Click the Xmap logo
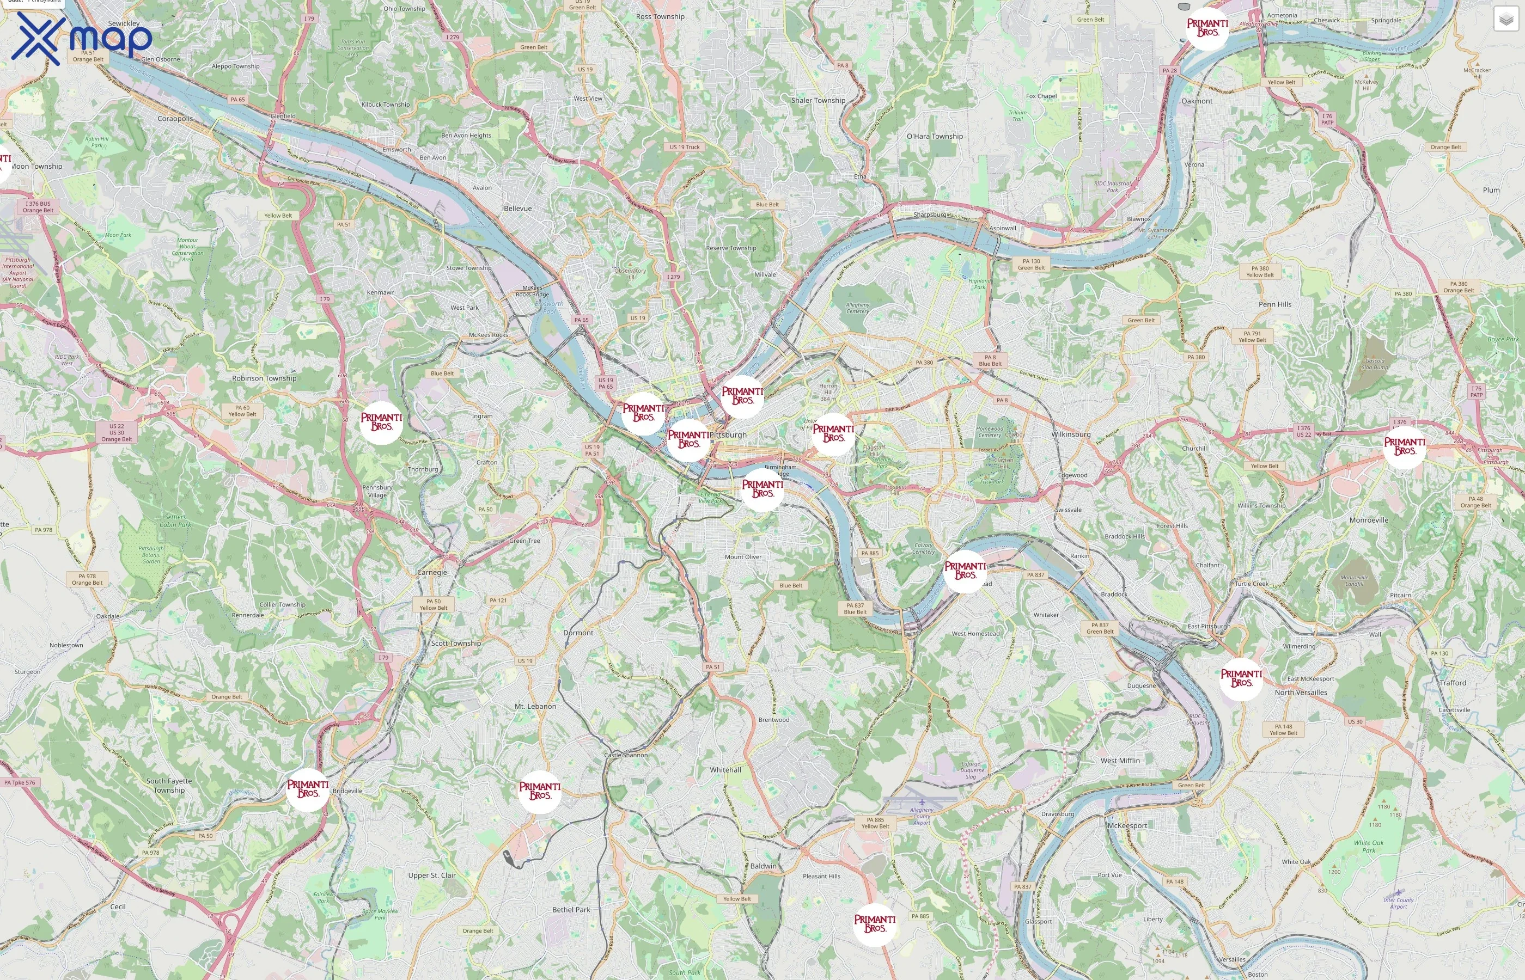click(82, 38)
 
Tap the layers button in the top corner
click(1505, 19)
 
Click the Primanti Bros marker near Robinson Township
click(381, 422)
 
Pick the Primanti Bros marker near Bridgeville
click(307, 789)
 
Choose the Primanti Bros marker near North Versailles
click(1241, 678)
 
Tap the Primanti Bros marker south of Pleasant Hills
click(875, 924)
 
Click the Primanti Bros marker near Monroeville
click(1404, 447)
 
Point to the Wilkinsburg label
click(1071, 434)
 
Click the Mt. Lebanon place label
click(535, 706)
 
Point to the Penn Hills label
click(1275, 304)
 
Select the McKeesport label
click(1127, 826)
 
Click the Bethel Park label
click(571, 910)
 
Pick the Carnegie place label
click(431, 573)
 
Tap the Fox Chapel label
click(1041, 96)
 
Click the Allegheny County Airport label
click(922, 816)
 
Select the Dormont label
click(578, 633)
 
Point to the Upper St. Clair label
click(431, 875)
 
